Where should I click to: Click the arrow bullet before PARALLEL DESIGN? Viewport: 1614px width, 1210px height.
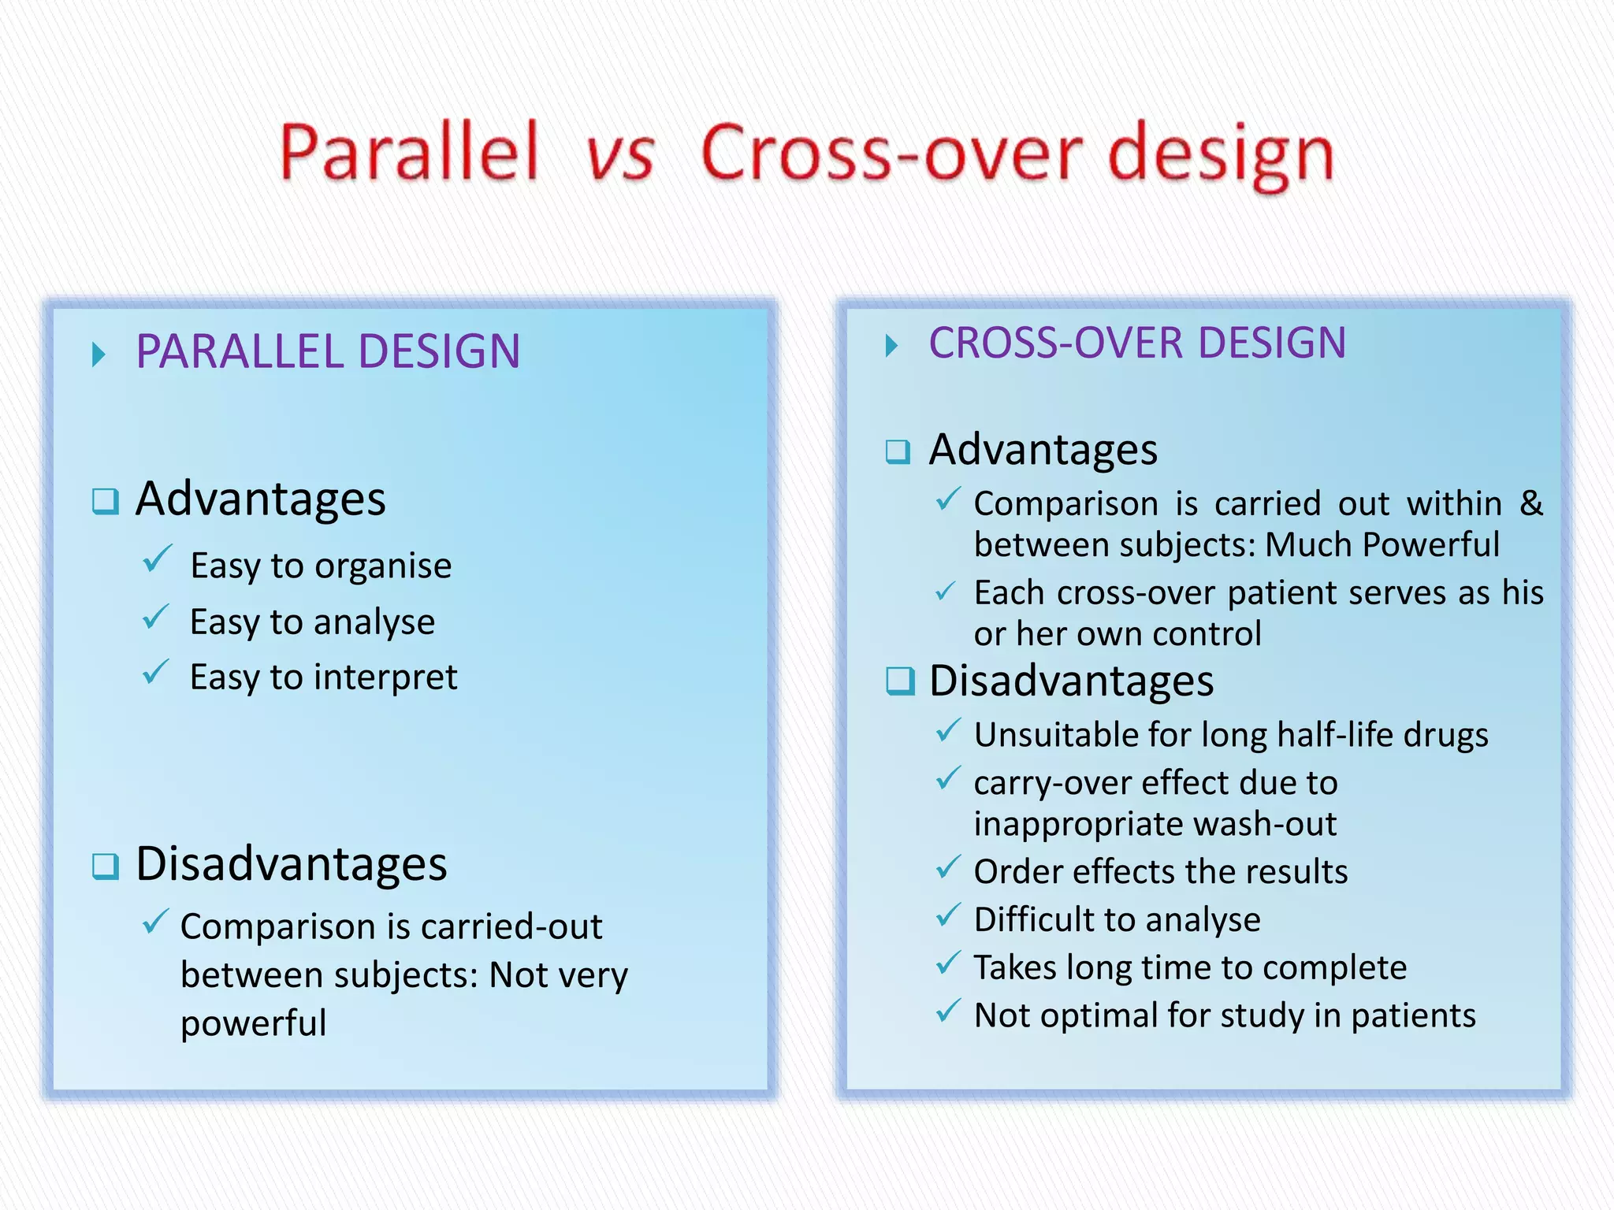coord(99,354)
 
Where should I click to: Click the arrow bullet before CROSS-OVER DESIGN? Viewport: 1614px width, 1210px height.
coord(891,345)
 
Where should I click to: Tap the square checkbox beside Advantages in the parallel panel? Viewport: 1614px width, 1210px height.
coord(105,501)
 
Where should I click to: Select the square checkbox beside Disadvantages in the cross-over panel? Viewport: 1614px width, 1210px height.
coord(899,681)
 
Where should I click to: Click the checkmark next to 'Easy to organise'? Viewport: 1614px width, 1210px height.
coord(157,559)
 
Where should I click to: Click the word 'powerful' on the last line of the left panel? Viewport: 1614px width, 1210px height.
coord(253,1024)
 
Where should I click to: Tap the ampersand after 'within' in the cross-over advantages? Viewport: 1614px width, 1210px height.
coord(1530,503)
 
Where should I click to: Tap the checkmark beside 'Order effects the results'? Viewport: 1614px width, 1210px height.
coord(948,867)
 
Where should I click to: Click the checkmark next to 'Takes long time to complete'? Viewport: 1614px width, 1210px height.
coord(948,963)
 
